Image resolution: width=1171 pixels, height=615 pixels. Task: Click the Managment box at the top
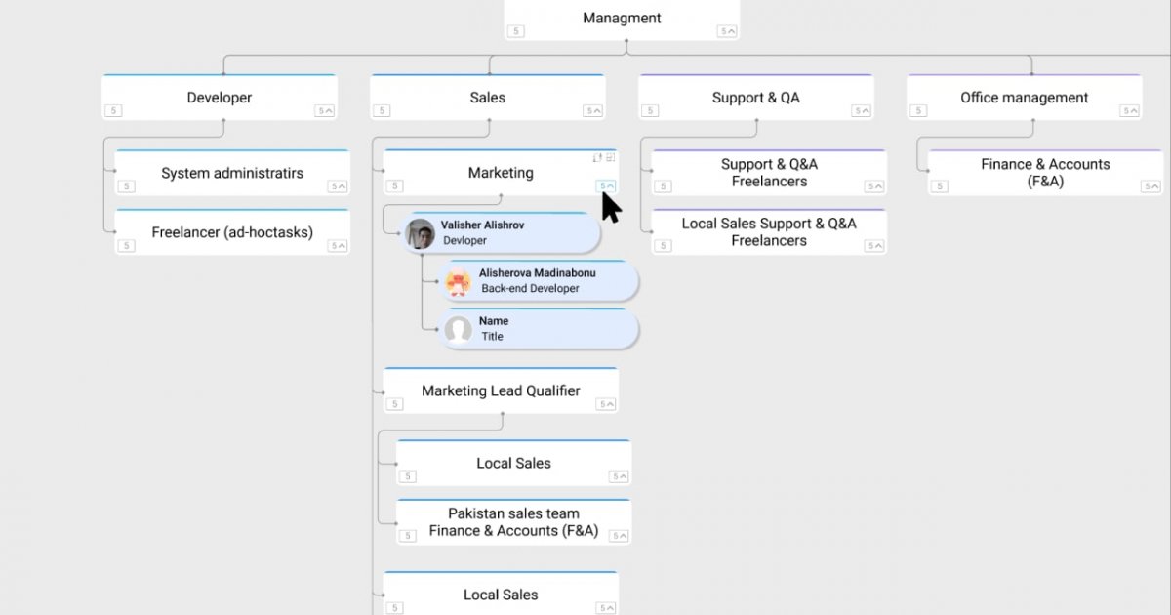pos(622,20)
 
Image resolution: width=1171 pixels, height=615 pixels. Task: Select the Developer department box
pos(220,98)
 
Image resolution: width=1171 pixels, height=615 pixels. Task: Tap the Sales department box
pos(488,98)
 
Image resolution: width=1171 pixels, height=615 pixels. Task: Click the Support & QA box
pos(756,98)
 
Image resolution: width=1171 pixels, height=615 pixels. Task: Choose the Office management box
pos(1024,98)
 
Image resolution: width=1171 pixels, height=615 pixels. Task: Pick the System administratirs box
pos(232,173)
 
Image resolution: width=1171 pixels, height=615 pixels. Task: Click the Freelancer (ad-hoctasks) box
pos(232,232)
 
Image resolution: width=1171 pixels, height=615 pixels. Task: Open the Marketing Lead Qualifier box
pos(501,390)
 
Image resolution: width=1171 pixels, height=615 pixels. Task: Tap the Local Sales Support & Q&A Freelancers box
pos(769,232)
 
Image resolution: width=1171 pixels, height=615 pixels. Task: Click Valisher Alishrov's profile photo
pos(421,233)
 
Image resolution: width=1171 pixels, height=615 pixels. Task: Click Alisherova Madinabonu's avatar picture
pos(459,281)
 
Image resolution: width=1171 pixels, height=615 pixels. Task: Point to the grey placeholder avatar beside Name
pos(459,330)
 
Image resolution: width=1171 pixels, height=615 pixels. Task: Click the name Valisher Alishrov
pos(482,225)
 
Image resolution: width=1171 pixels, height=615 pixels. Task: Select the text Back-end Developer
pos(530,288)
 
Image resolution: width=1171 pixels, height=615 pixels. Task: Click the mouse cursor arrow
pos(611,208)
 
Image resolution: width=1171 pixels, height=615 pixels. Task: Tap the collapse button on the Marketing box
pos(606,186)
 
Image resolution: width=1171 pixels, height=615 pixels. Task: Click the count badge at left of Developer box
pos(113,111)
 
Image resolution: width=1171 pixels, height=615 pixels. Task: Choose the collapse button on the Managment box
pos(727,31)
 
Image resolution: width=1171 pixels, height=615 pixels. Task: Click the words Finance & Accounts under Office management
pos(1045,164)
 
